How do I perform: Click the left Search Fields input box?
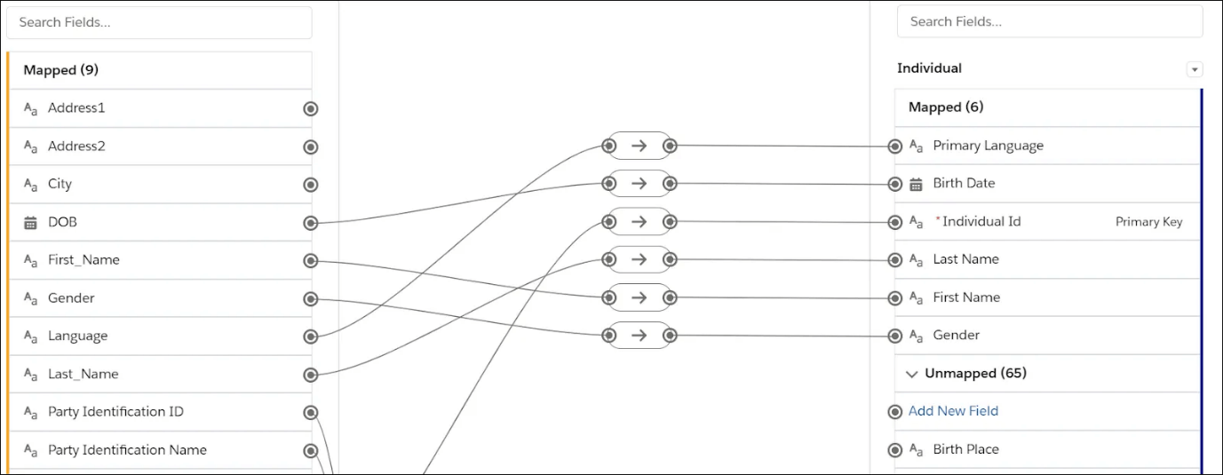point(159,22)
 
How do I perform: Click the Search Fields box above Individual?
point(1049,21)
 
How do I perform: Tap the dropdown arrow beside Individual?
point(1195,69)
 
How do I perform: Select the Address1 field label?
point(76,107)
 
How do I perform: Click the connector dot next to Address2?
point(311,146)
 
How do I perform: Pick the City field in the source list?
point(60,184)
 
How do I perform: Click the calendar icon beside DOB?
point(30,223)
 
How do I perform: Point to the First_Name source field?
point(83,259)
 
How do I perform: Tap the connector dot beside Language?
point(311,336)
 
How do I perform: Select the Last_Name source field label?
point(83,374)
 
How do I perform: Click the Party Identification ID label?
point(115,411)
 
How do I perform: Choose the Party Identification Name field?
point(127,449)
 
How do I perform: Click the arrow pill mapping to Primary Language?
point(639,146)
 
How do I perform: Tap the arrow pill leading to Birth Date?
point(639,184)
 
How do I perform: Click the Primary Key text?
point(1148,222)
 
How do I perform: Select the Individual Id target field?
point(981,221)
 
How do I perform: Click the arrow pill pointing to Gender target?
point(639,336)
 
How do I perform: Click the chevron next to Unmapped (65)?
point(911,374)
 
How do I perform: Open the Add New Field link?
point(953,411)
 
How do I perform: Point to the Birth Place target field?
point(965,449)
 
